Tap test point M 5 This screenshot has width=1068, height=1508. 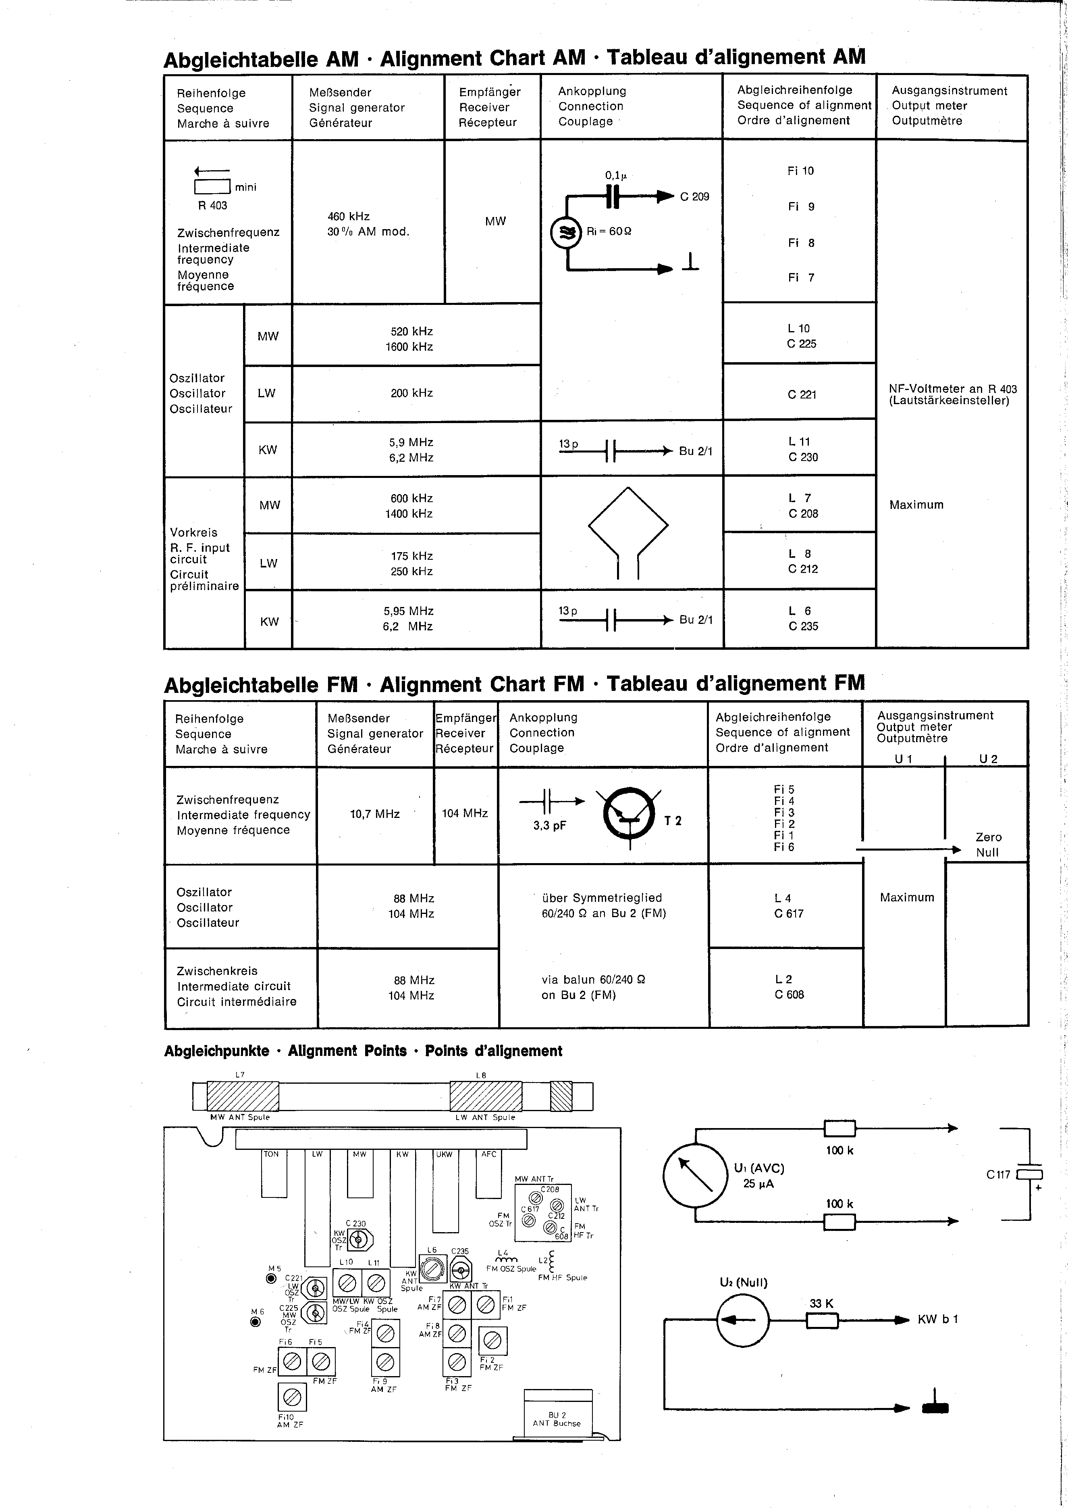pyautogui.click(x=271, y=1279)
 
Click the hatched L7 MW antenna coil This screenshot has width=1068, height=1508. pyautogui.click(x=243, y=1096)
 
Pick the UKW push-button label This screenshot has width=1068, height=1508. pyautogui.click(x=445, y=1153)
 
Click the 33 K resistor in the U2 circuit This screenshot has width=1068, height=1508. pyautogui.click(x=822, y=1320)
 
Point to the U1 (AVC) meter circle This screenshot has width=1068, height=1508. pyautogui.click(x=695, y=1175)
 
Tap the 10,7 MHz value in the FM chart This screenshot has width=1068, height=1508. pyautogui.click(x=375, y=814)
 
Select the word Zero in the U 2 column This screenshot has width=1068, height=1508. pyautogui.click(x=989, y=837)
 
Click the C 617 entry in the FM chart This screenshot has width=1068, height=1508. pyautogui.click(x=788, y=913)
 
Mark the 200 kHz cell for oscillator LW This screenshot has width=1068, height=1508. pyautogui.click(x=411, y=393)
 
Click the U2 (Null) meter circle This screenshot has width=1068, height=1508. pyautogui.click(x=742, y=1320)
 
